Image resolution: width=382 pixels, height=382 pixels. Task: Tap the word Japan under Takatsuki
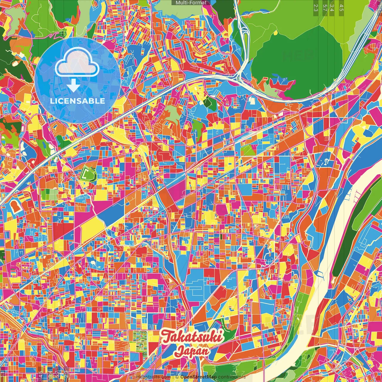click(192, 350)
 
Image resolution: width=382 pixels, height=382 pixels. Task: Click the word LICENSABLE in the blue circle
click(77, 101)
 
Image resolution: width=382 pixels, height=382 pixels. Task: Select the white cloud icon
click(77, 63)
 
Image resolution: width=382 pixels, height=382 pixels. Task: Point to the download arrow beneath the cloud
click(73, 85)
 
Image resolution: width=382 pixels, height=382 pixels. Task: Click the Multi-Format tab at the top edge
click(191, 3)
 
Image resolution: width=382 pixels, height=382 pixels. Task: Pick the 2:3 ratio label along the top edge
click(315, 7)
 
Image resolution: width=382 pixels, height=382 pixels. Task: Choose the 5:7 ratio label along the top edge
click(324, 7)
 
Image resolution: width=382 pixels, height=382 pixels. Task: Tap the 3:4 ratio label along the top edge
click(332, 7)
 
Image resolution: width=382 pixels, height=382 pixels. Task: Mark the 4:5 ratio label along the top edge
click(341, 7)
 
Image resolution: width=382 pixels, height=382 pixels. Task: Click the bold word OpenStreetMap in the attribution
click(198, 377)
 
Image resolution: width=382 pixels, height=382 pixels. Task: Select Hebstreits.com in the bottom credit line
click(153, 377)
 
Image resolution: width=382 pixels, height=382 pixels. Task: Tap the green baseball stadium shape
click(88, 174)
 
